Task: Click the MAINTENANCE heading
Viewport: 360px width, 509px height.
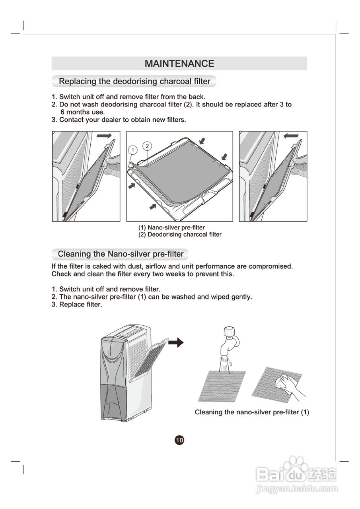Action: tap(179, 64)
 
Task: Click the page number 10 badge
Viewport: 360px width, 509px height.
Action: tap(179, 440)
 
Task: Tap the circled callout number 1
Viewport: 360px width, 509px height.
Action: tap(133, 150)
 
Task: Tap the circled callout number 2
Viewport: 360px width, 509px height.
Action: tap(147, 146)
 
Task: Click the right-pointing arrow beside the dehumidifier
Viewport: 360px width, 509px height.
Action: tap(176, 342)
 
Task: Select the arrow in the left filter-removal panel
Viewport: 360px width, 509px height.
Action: tap(104, 136)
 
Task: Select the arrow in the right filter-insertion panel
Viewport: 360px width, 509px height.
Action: tap(290, 136)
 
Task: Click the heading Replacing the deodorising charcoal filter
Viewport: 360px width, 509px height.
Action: tap(134, 82)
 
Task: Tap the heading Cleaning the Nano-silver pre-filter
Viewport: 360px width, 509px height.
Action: tap(121, 254)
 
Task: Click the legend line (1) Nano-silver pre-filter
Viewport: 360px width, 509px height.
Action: tap(171, 227)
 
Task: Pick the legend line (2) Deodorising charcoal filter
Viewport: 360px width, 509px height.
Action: tap(180, 235)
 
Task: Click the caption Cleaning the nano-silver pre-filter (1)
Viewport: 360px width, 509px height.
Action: tap(252, 412)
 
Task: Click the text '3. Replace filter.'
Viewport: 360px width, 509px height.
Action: tap(77, 305)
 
